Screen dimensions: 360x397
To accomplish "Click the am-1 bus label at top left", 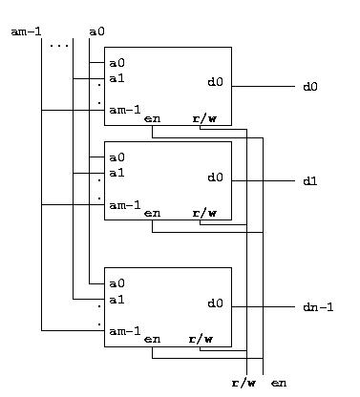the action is tap(26, 31).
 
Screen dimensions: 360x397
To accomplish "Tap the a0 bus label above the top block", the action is tap(96, 31).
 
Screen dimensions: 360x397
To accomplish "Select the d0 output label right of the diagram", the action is tap(310, 87).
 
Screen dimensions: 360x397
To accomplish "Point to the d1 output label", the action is tap(310, 181).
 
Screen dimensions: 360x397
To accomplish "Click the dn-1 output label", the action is tap(318, 307).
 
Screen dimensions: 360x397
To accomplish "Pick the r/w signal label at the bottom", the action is tap(244, 383).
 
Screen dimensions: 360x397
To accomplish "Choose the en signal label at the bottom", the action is tap(279, 383).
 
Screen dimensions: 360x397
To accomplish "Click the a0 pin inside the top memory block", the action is tap(116, 63).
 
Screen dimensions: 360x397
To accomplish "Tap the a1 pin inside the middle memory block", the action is tap(116, 173).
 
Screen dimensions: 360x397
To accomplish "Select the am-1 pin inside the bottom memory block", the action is tap(125, 331).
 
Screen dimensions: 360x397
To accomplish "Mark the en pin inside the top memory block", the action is tap(153, 119).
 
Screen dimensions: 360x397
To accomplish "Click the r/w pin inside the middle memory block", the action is tap(204, 213).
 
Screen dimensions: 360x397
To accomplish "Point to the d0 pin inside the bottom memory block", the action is tap(215, 303).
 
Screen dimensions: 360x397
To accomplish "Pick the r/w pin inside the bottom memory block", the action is tap(201, 339).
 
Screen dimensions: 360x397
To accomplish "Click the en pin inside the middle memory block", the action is tap(153, 213).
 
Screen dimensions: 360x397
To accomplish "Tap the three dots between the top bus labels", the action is tap(59, 46).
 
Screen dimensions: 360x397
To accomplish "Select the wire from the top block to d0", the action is tap(264, 86).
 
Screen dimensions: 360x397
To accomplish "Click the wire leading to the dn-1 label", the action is tap(264, 307).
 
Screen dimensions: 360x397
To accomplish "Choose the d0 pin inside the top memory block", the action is tap(215, 82).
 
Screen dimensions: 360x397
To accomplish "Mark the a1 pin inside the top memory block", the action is tap(116, 78).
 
